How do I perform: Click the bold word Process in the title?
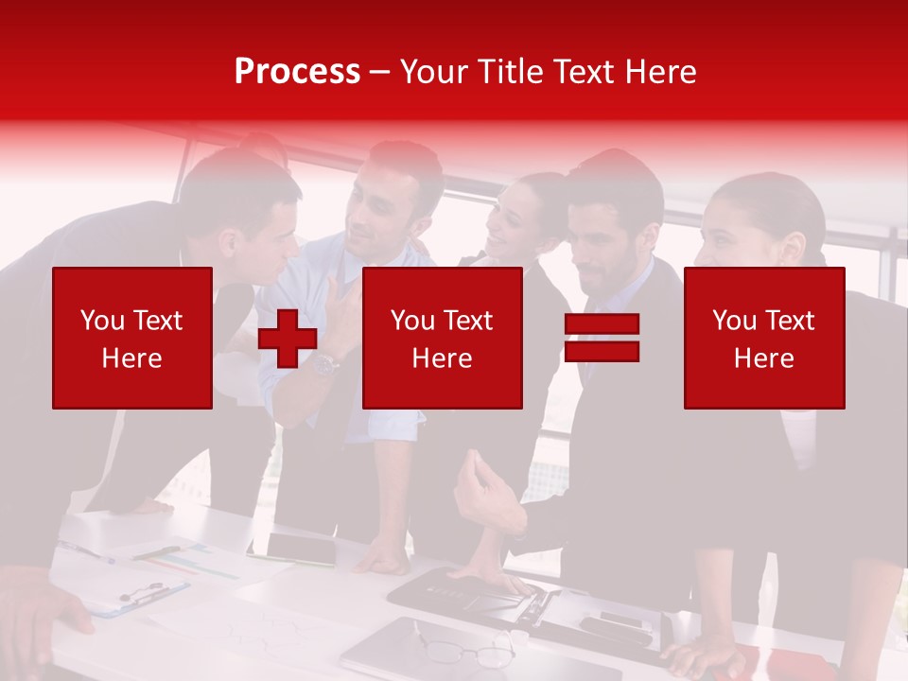297,71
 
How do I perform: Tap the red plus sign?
287,339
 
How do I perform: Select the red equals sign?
602,338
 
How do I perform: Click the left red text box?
132,338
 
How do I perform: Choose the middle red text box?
442,338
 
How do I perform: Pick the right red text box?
764,338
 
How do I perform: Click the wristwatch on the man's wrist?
324,363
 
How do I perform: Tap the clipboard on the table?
137,596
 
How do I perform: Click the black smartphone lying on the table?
301,548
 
